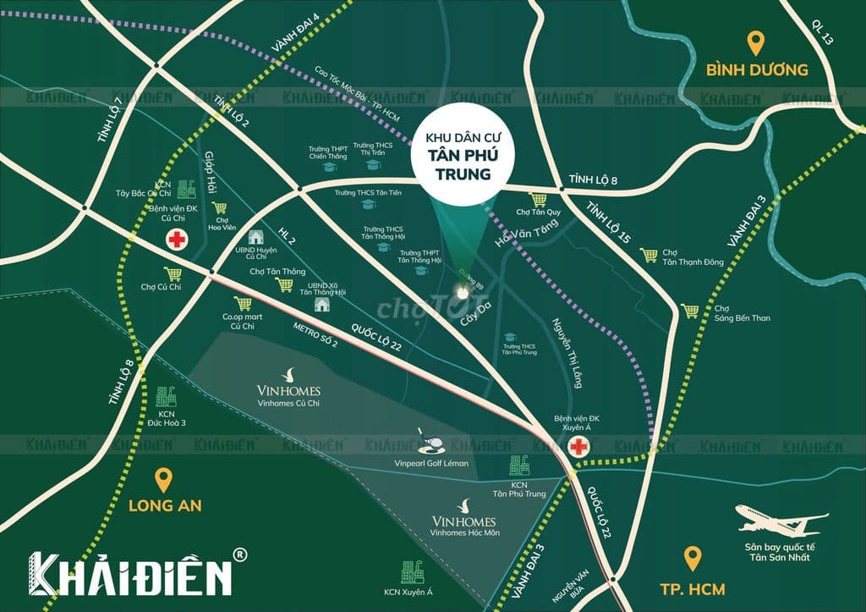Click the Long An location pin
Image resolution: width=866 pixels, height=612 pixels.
[165, 481]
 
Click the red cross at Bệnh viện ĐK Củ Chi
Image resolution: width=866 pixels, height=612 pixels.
[177, 240]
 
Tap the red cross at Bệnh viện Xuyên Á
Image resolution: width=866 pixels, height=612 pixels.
[578, 447]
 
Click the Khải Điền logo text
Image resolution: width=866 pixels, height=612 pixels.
[131, 573]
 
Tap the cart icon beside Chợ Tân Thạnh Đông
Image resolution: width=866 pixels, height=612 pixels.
[649, 255]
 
